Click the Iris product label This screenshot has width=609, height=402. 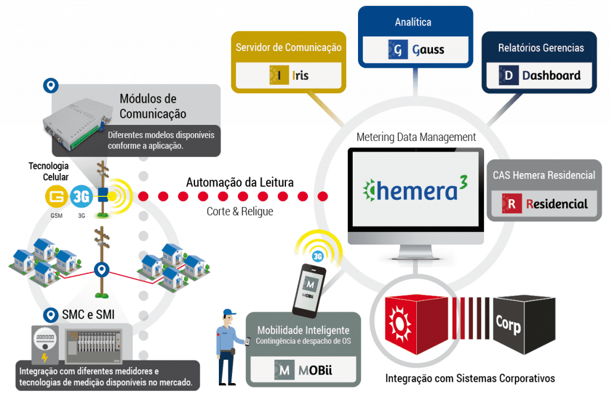[x=288, y=76]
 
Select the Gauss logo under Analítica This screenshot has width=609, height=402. [x=416, y=50]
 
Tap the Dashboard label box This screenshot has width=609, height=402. [x=539, y=76]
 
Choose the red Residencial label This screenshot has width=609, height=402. [x=544, y=203]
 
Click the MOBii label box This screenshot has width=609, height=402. [x=303, y=370]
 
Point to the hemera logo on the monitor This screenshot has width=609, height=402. [x=415, y=189]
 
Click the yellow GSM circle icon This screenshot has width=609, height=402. [x=56, y=196]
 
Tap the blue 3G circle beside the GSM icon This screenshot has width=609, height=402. [x=81, y=196]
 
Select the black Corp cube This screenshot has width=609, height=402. [x=524, y=325]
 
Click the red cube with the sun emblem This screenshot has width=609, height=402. [x=416, y=324]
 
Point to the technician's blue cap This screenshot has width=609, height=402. [x=229, y=313]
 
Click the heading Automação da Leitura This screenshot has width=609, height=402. [x=240, y=182]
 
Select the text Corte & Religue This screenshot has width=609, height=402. [x=240, y=211]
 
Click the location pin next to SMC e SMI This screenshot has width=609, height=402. [x=51, y=315]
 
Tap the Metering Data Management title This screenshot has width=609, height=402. [x=416, y=137]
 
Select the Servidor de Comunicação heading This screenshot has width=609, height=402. [x=288, y=48]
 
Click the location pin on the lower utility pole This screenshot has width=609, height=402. [x=102, y=269]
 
